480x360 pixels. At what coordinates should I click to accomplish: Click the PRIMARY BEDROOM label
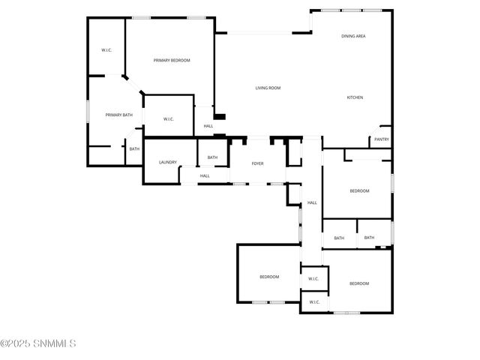[172, 60]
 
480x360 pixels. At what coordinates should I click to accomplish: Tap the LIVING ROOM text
[268, 88]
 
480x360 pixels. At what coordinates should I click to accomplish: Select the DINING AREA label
[353, 36]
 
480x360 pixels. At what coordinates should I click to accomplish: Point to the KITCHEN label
[355, 97]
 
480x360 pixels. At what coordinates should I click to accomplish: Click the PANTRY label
[381, 139]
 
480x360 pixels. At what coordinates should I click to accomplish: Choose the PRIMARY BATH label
[118, 115]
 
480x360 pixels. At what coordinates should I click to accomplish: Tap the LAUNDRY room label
[167, 162]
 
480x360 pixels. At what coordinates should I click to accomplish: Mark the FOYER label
[257, 163]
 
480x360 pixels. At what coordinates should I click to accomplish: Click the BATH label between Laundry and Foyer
[212, 157]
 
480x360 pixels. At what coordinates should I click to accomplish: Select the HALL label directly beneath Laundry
[204, 175]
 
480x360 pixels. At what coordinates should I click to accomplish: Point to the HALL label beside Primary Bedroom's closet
[208, 126]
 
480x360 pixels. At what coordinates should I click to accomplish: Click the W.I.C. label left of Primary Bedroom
[106, 50]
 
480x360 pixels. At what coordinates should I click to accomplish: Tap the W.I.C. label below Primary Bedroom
[168, 118]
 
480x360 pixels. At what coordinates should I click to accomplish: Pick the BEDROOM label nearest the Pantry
[359, 190]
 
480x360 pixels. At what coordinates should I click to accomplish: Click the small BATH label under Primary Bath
[133, 148]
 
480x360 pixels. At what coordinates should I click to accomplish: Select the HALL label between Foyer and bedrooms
[312, 202]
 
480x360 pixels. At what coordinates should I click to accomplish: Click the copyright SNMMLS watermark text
[38, 344]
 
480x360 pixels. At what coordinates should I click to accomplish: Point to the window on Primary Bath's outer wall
[88, 110]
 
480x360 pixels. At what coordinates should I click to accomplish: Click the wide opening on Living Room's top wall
[259, 32]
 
